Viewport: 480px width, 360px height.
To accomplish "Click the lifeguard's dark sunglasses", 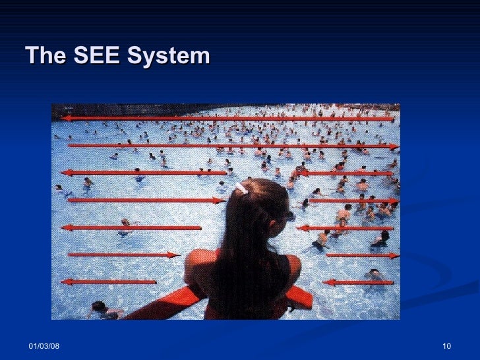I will click(x=289, y=216).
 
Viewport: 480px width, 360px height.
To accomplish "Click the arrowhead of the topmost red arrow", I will click(x=67, y=119).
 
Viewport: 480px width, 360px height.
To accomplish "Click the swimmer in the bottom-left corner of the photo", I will click(x=100, y=309).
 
